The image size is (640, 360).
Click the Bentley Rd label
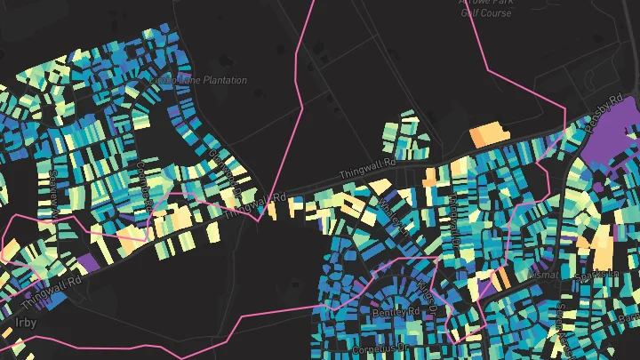(396, 313)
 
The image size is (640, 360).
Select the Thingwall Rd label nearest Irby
(54, 289)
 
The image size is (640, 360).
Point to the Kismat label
(541, 275)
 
